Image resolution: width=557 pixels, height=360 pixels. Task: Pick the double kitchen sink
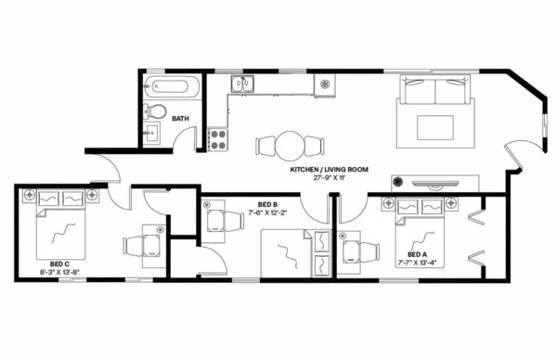click(x=244, y=85)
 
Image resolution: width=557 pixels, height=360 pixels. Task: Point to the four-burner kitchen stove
click(x=219, y=139)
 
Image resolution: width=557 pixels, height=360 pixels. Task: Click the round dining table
click(x=290, y=145)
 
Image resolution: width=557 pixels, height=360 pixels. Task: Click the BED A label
click(x=418, y=253)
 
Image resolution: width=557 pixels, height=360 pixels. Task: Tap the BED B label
click(x=268, y=203)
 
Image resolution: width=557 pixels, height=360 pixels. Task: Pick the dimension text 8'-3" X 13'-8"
click(x=59, y=273)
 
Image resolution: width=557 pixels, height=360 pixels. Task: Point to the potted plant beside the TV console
click(x=398, y=182)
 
